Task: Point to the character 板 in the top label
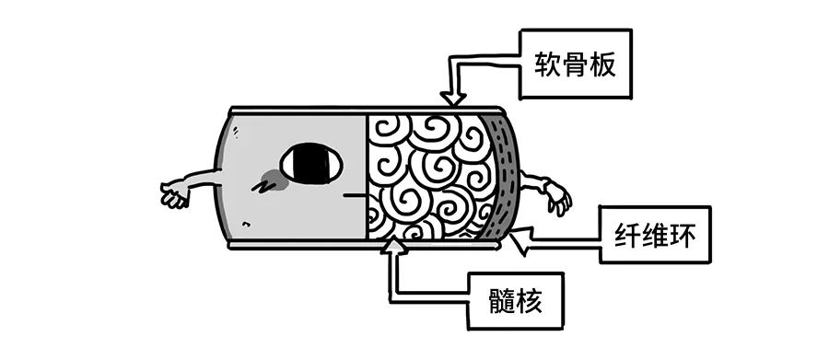606,64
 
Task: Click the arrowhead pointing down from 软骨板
452,97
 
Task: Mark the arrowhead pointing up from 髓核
393,245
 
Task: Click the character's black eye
311,166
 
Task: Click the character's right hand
555,196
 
